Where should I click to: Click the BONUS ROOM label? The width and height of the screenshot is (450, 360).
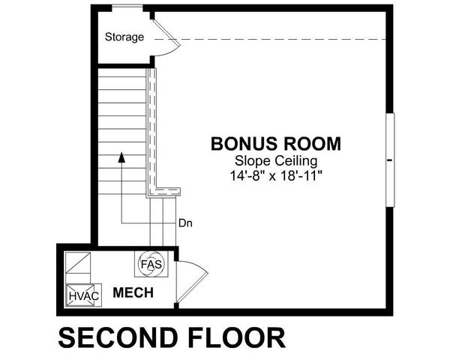(276, 142)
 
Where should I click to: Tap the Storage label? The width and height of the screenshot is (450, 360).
(124, 37)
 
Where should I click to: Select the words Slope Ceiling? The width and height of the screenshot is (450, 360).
(276, 160)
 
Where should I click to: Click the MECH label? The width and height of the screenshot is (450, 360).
(133, 292)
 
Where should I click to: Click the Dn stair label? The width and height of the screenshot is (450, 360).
(186, 223)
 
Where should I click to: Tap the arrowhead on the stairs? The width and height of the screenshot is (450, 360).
(120, 157)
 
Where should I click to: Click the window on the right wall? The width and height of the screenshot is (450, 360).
(389, 159)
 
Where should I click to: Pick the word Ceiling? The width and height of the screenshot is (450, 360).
(295, 160)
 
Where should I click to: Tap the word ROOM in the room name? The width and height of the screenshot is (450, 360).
(313, 142)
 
